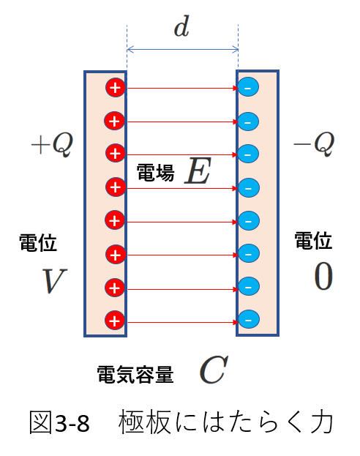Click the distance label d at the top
click(x=181, y=27)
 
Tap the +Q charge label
click(x=53, y=144)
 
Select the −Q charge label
click(x=314, y=144)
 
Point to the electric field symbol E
click(x=198, y=171)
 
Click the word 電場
click(x=156, y=173)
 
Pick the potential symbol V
click(x=54, y=280)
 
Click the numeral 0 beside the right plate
click(x=323, y=276)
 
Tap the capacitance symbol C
click(x=214, y=370)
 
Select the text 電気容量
click(x=135, y=375)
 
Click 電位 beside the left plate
click(x=38, y=242)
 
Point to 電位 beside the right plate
click(x=313, y=240)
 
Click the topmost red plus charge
click(x=116, y=88)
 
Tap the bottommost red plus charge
click(x=115, y=321)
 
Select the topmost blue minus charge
click(x=248, y=87)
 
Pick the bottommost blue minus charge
click(x=248, y=319)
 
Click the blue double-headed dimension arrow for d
click(x=183, y=50)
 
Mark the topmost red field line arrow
click(x=182, y=88)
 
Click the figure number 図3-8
click(x=59, y=422)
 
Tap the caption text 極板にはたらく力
click(x=225, y=422)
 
